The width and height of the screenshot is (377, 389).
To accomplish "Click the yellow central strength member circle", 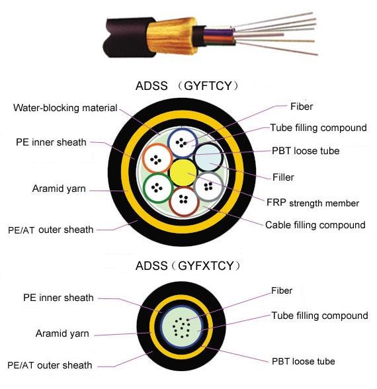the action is [x=183, y=173].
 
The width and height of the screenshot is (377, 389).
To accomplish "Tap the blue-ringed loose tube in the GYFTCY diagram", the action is [x=183, y=142].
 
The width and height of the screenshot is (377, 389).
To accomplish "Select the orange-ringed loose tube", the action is [x=157, y=158].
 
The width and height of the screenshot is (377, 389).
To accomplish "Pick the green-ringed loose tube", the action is [x=158, y=188].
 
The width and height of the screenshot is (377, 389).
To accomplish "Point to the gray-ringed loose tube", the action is [x=208, y=187].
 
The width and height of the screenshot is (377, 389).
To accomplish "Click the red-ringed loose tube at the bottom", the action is [x=184, y=201].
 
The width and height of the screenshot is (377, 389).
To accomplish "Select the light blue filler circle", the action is [x=208, y=157].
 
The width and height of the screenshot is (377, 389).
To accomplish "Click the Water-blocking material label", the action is [x=65, y=108].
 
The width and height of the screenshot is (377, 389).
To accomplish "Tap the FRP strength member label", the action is [x=313, y=202].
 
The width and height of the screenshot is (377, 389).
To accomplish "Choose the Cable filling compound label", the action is [x=315, y=225].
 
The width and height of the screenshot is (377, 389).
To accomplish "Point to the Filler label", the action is [x=283, y=177].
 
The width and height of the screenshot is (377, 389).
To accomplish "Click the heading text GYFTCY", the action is [x=208, y=86].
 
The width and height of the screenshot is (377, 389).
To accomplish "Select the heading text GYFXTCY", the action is [x=206, y=266].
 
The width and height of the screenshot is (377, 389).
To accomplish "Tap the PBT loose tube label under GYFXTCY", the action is [x=304, y=361].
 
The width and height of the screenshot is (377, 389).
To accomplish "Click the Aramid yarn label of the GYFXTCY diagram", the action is [x=62, y=333].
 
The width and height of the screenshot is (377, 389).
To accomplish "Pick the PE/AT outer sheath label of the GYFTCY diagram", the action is [x=50, y=230].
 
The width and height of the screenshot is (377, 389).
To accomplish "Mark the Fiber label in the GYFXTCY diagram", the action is [x=282, y=290].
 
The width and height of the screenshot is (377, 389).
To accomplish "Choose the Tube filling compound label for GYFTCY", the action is [x=318, y=128].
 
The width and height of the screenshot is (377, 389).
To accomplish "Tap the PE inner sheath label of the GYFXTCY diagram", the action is [x=58, y=298].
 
